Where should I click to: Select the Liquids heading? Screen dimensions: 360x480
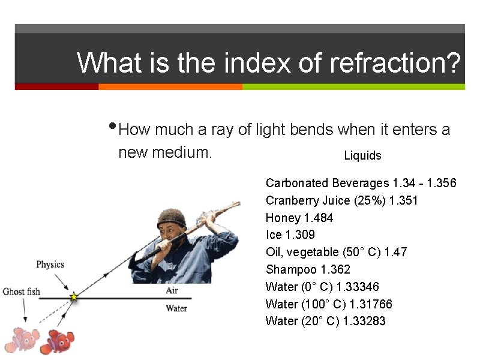[362, 156]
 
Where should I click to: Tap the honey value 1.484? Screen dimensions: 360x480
[319, 217]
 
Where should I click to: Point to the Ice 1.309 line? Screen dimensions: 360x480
[290, 235]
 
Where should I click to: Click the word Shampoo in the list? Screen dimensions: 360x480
[291, 269]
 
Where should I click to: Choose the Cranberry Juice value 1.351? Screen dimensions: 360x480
[404, 200]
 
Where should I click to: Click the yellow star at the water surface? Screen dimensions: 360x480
[74, 296]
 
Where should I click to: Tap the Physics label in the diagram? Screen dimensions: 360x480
[50, 264]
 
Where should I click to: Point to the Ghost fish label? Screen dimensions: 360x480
[22, 292]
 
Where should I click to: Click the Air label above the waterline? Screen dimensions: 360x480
[172, 290]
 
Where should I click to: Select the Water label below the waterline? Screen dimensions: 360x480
[176, 308]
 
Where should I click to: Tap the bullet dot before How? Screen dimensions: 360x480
[114, 127]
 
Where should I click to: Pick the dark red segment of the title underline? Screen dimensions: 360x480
[56, 86]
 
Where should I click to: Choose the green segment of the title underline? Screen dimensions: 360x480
[353, 86]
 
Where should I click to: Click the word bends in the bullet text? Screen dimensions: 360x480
[311, 130]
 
